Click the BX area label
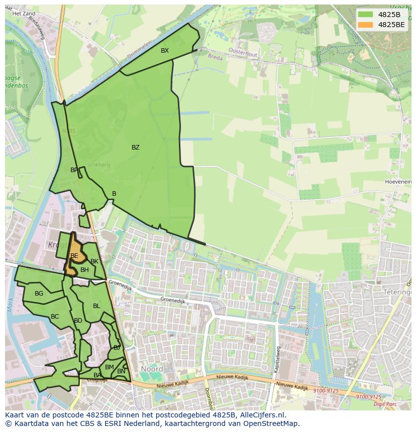pos(165,51)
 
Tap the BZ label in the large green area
pos(136,148)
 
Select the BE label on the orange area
pos(74,256)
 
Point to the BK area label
pos(94,261)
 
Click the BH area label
pos(84,270)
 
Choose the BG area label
pos(39,294)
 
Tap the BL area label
pos(96,306)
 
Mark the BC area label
pos(55,317)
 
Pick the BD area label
pos(78,321)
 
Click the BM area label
pos(110,367)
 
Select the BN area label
pos(121,371)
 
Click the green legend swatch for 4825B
pos(365,15)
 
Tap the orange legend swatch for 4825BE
pos(365,25)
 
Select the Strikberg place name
pos(98,165)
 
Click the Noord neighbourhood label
pos(152,369)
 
